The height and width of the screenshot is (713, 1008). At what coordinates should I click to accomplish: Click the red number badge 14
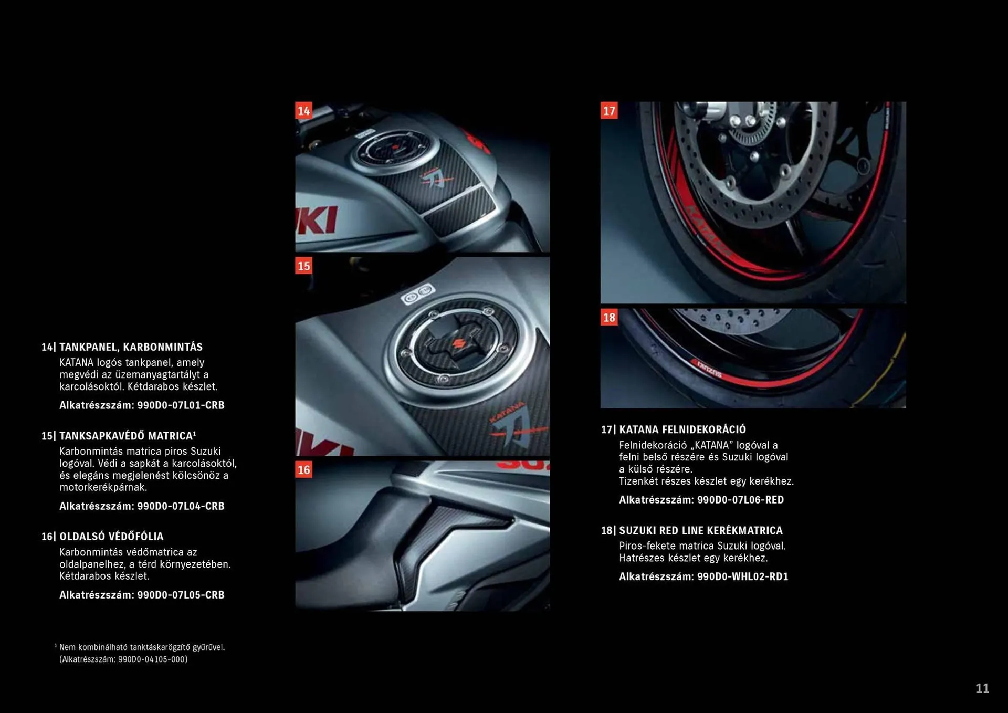coord(303,111)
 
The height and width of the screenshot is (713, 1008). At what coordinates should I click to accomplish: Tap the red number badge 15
coord(303,266)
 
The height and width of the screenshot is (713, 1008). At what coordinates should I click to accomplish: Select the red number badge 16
coord(303,469)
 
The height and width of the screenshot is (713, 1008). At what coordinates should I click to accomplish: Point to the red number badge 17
coord(609,111)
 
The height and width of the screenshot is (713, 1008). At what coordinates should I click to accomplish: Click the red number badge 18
coord(609,317)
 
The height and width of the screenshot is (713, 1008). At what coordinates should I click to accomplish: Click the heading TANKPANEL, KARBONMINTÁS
coord(131,347)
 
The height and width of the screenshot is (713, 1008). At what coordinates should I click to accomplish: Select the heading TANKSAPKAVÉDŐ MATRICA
coord(127,436)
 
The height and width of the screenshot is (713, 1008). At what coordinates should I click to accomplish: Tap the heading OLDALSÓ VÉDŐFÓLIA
coord(111,537)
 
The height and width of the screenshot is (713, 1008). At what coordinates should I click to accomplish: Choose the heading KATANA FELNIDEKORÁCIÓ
coord(682,429)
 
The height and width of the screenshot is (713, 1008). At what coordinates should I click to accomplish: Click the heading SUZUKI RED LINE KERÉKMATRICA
coord(701,530)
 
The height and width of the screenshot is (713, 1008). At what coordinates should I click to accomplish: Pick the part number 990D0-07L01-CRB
coord(181,405)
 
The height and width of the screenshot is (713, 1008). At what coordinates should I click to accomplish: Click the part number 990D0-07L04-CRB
coord(181,506)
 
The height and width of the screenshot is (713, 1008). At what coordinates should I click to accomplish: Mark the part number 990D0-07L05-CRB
coord(181,595)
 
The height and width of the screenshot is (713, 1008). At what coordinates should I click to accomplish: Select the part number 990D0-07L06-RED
coord(740,500)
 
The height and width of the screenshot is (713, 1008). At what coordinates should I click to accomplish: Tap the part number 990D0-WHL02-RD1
coord(742,576)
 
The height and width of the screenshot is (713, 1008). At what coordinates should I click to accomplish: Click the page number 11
coord(982,688)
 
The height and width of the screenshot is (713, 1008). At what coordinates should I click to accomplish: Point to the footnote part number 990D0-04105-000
coord(152,659)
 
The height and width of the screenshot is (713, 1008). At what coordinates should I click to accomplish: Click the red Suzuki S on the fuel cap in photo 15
coord(456,344)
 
